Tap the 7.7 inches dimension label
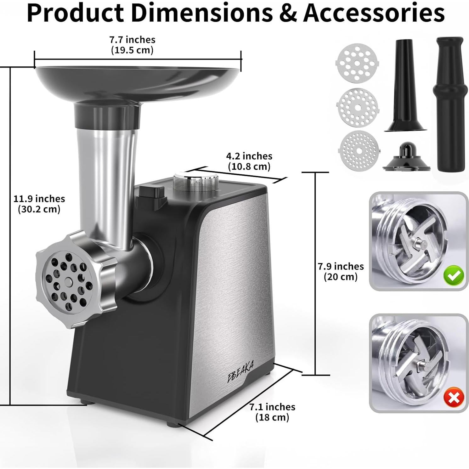click(132, 40)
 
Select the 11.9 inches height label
click(39, 199)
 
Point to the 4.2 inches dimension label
click(249, 156)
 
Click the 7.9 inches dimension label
click(341, 266)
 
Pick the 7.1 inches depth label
click(272, 407)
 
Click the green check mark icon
click(453, 275)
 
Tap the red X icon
click(453, 398)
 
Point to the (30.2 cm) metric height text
click(39, 209)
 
